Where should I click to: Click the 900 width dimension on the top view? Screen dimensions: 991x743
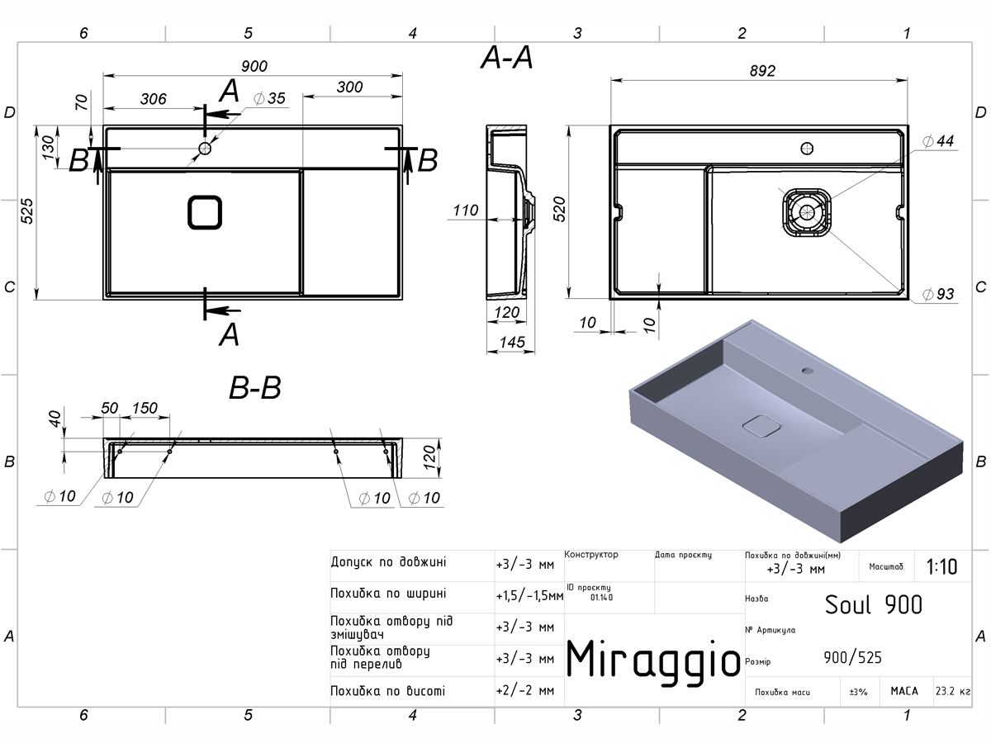pyautogui.click(x=254, y=66)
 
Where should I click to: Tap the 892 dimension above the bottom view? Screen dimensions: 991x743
pyautogui.click(x=762, y=71)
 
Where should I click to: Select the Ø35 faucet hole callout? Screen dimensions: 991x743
pyautogui.click(x=269, y=98)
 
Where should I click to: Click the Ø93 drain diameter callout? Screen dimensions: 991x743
pyautogui.click(x=938, y=294)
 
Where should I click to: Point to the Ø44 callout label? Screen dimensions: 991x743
pyautogui.click(x=938, y=141)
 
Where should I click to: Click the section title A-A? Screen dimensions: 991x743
pyautogui.click(x=506, y=58)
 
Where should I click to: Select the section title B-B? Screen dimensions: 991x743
pyautogui.click(x=255, y=387)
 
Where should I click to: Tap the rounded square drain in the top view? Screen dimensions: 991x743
pyautogui.click(x=205, y=212)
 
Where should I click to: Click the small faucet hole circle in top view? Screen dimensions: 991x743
pyautogui.click(x=205, y=148)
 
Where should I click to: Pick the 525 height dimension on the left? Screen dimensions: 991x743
pyautogui.click(x=27, y=211)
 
